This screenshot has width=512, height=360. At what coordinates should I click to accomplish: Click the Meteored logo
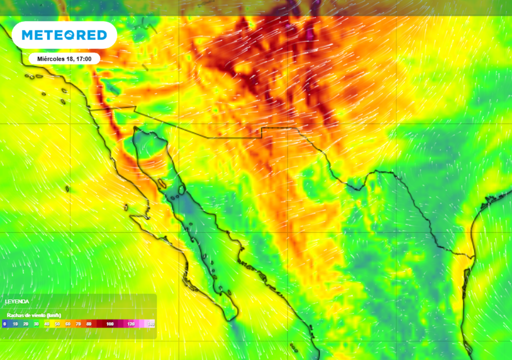click(64, 35)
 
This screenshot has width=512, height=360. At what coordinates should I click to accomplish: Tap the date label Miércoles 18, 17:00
click(64, 58)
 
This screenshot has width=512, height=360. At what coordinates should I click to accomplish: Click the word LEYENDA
click(17, 302)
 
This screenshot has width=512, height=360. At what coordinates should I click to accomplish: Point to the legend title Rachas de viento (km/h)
click(34, 315)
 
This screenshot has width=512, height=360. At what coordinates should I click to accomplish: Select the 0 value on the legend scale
click(4, 324)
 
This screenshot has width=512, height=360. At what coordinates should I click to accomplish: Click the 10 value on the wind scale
click(15, 324)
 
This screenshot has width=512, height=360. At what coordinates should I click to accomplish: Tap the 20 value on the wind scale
click(25, 324)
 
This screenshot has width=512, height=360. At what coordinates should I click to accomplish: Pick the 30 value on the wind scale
click(36, 324)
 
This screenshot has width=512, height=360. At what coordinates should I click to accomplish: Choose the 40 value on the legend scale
click(46, 324)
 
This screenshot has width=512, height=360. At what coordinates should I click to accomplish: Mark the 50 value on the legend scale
click(57, 324)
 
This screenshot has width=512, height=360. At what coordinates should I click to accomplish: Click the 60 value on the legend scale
click(67, 324)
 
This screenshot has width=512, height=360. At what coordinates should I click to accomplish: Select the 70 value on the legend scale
click(78, 324)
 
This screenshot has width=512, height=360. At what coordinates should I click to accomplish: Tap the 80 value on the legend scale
click(88, 324)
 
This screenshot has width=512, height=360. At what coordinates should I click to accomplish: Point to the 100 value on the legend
click(110, 324)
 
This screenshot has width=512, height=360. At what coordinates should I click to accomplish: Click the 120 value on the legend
click(131, 324)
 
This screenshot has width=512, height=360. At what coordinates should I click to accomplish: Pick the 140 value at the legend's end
click(150, 324)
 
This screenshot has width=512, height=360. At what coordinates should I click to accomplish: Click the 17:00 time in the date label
click(83, 58)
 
